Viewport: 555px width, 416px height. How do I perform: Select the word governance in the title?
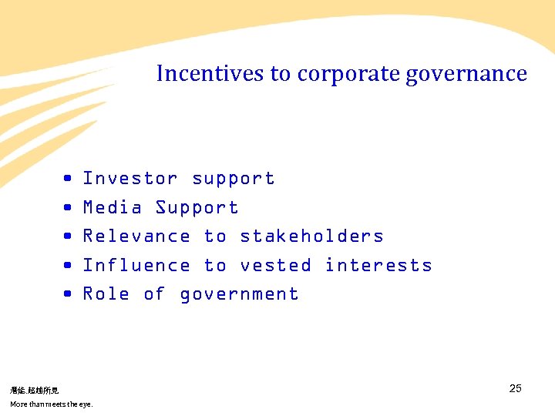click(x=466, y=74)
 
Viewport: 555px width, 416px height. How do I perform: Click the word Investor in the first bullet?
click(x=130, y=179)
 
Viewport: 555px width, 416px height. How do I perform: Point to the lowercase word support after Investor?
click(x=234, y=179)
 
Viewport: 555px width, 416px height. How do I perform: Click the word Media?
click(x=113, y=208)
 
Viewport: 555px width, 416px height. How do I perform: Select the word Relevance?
click(x=136, y=237)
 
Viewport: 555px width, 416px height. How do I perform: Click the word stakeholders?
click(x=311, y=237)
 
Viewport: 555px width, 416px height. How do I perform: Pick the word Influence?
click(x=136, y=266)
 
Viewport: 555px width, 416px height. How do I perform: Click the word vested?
click(x=276, y=266)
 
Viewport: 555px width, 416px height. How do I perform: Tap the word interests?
click(x=378, y=266)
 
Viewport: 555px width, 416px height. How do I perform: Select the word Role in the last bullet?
click(x=106, y=294)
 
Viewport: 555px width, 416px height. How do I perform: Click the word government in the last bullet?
click(x=239, y=295)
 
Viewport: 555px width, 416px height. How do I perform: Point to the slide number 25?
click(x=516, y=388)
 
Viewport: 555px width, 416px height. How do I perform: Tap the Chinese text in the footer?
click(x=34, y=391)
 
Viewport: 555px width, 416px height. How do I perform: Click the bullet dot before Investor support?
click(x=69, y=179)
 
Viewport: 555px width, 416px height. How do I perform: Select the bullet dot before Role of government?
click(x=69, y=294)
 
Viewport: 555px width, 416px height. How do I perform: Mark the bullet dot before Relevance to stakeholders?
click(x=69, y=237)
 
